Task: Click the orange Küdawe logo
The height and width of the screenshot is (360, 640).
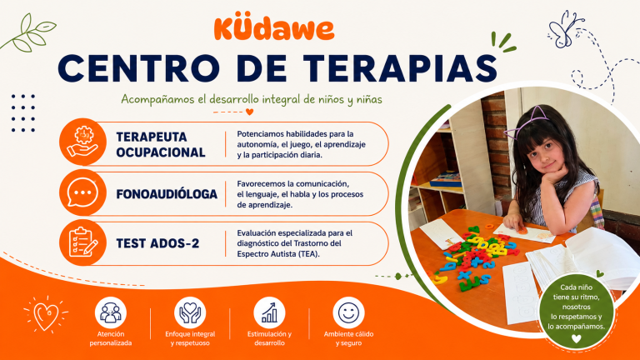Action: click(274, 28)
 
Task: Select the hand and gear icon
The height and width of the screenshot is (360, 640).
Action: click(82, 142)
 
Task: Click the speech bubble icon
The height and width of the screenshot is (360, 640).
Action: click(82, 192)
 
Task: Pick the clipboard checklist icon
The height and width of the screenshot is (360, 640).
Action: click(82, 242)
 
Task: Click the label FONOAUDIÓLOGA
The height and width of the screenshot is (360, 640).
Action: click(167, 194)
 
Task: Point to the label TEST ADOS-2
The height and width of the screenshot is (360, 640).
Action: click(157, 243)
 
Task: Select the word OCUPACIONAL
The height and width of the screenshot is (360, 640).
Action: click(160, 152)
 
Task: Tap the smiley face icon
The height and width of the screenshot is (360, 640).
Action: click(348, 312)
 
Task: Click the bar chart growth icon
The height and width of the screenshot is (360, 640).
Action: click(269, 312)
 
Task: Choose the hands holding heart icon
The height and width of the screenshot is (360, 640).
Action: click(190, 312)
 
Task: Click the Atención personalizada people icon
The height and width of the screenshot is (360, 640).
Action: click(111, 312)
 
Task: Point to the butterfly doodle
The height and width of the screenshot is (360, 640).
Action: click(565, 30)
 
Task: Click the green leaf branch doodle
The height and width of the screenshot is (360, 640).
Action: click(27, 33)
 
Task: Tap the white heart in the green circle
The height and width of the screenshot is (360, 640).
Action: click(576, 338)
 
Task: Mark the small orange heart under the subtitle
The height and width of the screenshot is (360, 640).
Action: click(249, 112)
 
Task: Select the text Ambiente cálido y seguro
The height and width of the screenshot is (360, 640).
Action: click(348, 338)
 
